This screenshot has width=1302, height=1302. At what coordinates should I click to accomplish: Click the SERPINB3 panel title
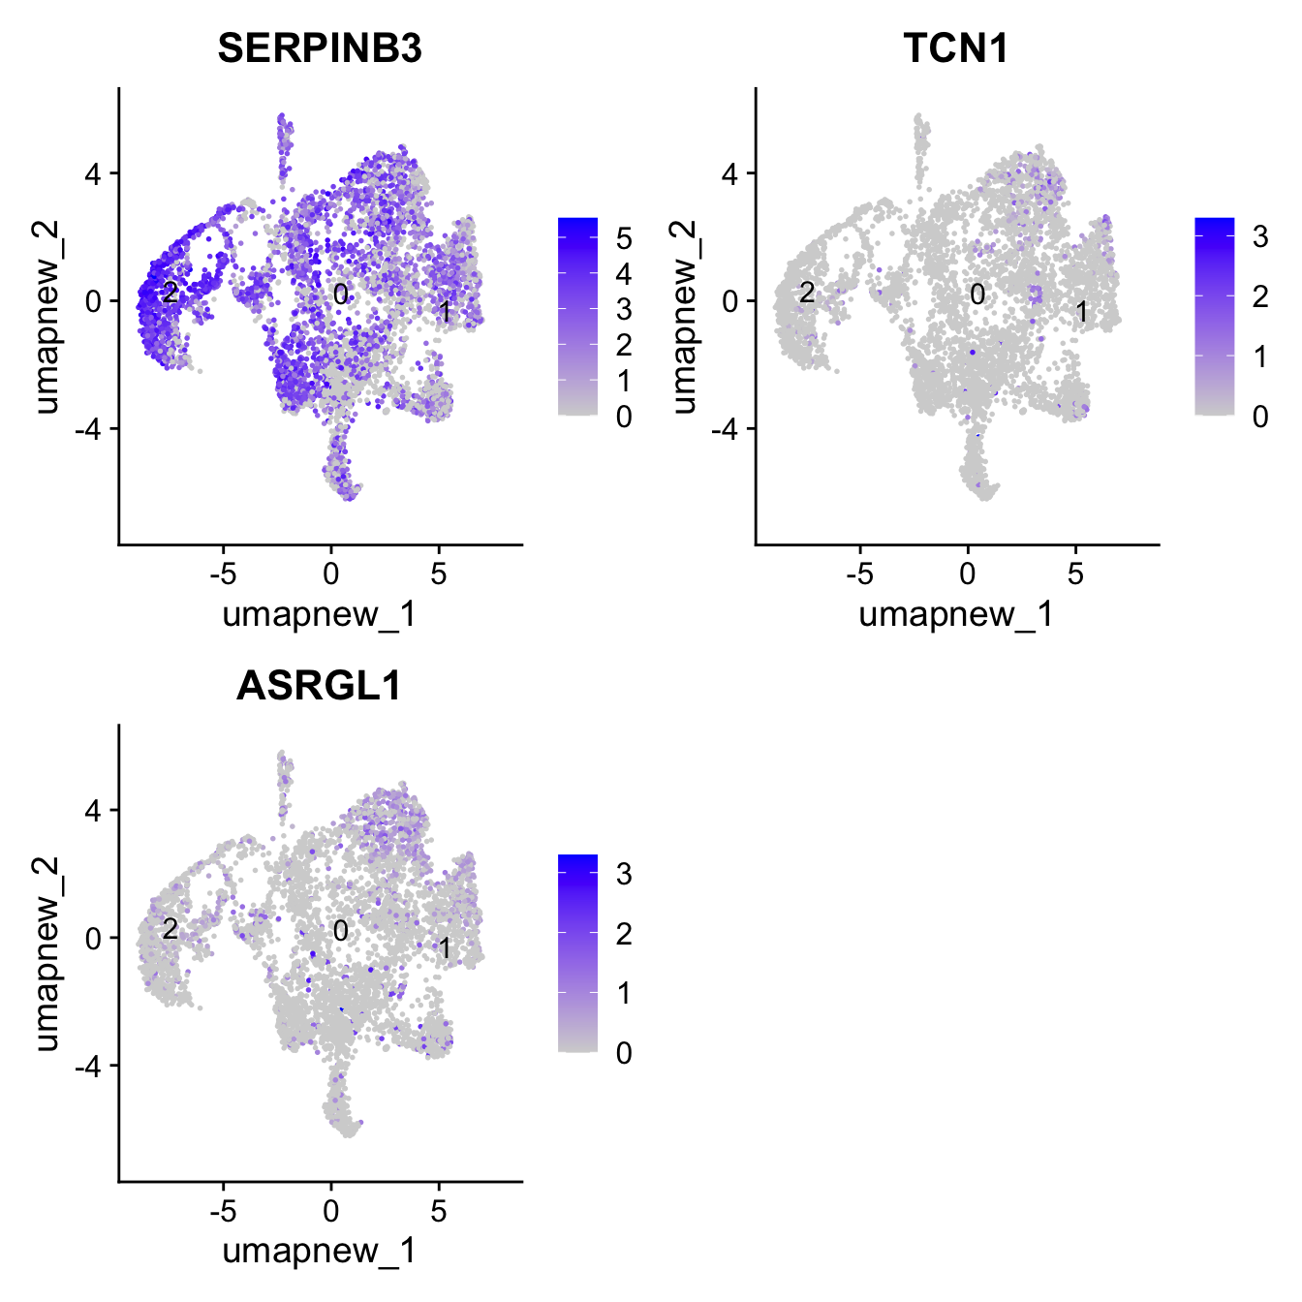click(320, 47)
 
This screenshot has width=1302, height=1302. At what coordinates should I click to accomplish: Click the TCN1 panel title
click(956, 47)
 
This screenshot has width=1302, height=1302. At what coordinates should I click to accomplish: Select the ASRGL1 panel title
click(320, 685)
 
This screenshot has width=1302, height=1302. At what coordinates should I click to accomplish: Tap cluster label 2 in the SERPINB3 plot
click(170, 292)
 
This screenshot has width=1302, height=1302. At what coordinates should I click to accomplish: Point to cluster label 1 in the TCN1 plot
click(1082, 312)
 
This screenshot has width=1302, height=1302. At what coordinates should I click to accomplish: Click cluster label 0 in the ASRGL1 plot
click(340, 931)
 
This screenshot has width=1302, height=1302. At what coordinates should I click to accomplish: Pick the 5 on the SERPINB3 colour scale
click(623, 238)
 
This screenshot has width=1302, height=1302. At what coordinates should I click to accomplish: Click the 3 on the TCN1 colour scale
click(1259, 236)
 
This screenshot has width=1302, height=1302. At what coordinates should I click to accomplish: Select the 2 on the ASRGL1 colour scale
click(623, 934)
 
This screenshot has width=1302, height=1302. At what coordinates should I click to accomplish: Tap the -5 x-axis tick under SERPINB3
click(223, 573)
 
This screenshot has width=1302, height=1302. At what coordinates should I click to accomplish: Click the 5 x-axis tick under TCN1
click(1075, 573)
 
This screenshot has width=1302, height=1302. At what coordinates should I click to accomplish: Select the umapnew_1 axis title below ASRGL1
click(320, 1251)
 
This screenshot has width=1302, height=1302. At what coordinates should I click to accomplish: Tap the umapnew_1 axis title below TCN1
click(956, 614)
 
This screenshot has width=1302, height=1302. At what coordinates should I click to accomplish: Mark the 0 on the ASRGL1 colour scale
click(623, 1053)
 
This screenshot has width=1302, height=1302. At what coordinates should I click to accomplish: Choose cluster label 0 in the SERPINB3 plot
click(340, 294)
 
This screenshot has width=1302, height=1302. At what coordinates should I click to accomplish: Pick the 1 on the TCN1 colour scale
click(1259, 356)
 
